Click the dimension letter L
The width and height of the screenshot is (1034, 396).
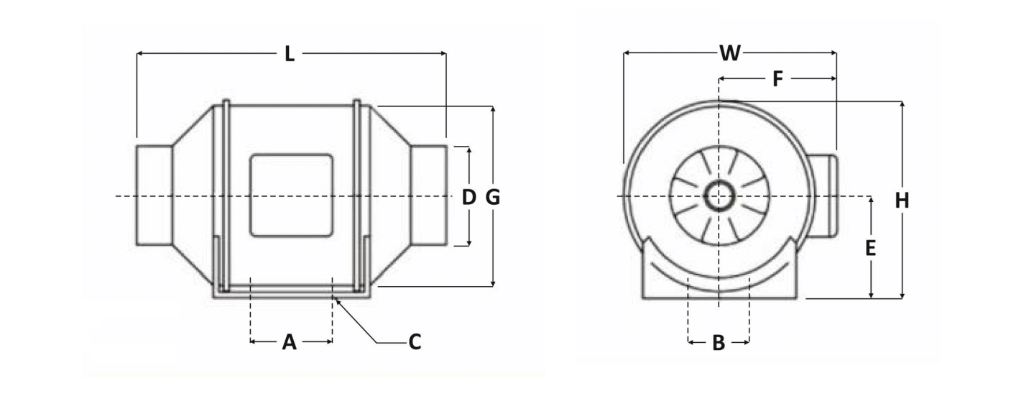[x=290, y=54]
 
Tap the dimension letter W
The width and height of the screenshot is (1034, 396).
[x=730, y=53]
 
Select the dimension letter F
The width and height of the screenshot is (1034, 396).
[x=777, y=79]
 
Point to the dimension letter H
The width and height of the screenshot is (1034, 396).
[x=902, y=201]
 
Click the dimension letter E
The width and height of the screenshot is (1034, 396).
[x=870, y=248]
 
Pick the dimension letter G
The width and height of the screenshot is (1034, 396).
[x=493, y=198]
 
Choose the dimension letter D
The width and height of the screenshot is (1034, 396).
[x=468, y=198]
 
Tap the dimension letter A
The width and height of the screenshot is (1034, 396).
[x=290, y=343]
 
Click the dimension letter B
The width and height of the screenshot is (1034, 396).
[x=719, y=343]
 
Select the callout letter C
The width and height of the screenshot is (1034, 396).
[x=415, y=343]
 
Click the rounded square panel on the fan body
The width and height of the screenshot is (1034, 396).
[x=291, y=195]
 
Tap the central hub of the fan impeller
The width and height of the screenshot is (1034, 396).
[x=719, y=197]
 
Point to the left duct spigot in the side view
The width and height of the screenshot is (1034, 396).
[x=154, y=195]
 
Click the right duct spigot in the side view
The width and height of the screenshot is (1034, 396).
[x=429, y=195]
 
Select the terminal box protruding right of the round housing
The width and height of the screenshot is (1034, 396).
[x=824, y=196]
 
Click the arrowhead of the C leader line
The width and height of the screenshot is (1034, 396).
[x=338, y=301]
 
